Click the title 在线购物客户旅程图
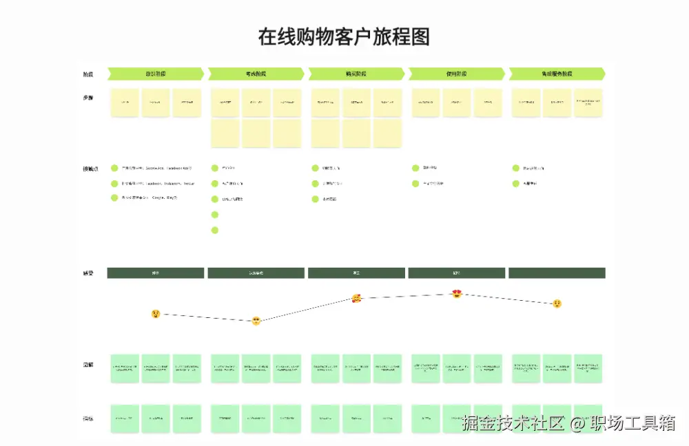point(344,36)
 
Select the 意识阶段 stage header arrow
point(156,74)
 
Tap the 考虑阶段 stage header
point(256,74)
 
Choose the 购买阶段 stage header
point(356,74)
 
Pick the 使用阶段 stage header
point(457,74)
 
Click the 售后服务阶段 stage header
point(557,74)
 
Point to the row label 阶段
point(88,74)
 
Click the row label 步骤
point(88,98)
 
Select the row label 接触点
point(90,169)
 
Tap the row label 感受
point(88,273)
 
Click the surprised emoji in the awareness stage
point(156,314)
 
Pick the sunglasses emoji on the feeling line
point(256,321)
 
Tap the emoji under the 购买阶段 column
point(356,298)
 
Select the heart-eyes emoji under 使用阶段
point(457,294)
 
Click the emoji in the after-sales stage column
point(557,304)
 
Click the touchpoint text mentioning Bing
point(150,198)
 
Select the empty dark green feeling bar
point(557,273)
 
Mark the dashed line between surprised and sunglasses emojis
point(206,317)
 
